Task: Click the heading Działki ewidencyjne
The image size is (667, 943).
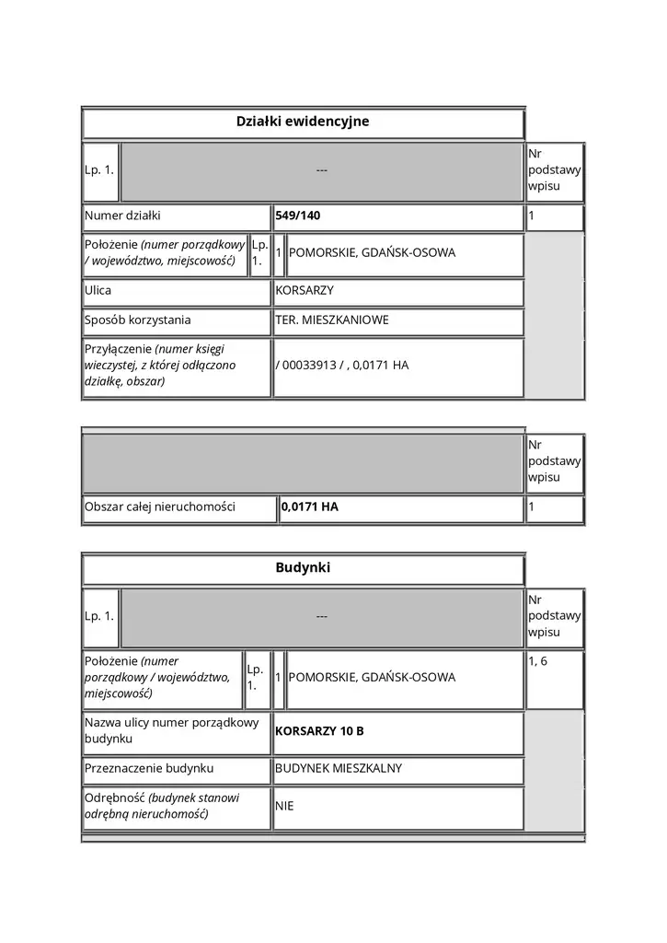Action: tap(303, 122)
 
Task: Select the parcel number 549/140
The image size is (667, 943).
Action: tap(298, 216)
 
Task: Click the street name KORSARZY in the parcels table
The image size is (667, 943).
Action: tap(305, 290)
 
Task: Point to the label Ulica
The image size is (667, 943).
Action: tap(98, 290)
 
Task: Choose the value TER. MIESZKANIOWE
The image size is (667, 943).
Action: tap(331, 320)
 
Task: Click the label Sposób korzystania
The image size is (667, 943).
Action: tap(137, 320)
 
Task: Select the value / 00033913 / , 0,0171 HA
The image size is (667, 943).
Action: tap(342, 365)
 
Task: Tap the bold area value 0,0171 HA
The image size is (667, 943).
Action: tap(309, 506)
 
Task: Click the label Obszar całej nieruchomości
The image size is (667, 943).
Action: tap(159, 506)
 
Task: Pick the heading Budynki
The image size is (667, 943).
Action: tap(303, 568)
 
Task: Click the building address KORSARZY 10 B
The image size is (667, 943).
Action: tap(319, 730)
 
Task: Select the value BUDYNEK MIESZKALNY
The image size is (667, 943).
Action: tap(339, 767)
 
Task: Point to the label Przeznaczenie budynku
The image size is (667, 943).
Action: tap(149, 767)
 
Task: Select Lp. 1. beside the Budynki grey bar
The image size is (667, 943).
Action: tap(99, 616)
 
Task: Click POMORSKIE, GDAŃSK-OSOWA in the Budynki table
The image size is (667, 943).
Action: tap(372, 677)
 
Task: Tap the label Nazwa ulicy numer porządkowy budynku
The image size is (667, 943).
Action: tap(172, 730)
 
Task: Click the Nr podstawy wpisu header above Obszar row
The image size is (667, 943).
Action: tap(554, 460)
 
